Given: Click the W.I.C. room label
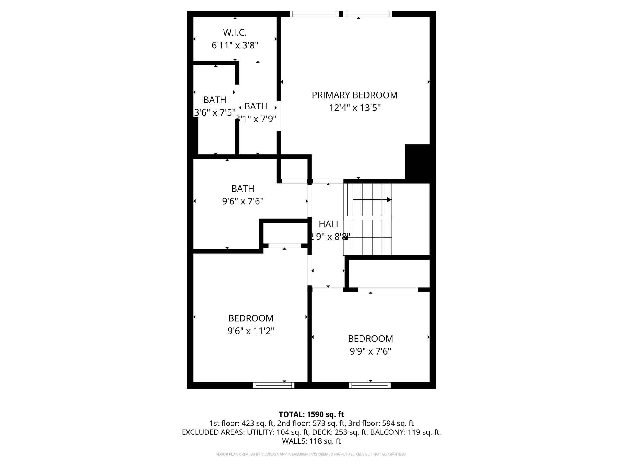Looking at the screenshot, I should point(235,32).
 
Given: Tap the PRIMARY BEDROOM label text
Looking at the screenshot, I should point(354,95).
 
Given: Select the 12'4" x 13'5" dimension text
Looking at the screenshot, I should point(354,108).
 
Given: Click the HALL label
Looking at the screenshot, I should point(329,224).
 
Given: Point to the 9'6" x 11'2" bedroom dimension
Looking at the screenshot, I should point(251,331).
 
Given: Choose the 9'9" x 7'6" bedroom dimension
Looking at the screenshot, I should point(370,351).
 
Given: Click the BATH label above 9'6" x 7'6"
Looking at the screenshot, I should point(242,189).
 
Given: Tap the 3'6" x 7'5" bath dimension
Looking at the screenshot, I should point(214,113).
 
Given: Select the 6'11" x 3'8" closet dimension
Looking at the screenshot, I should point(235,45).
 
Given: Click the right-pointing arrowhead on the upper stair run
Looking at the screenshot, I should point(389,200).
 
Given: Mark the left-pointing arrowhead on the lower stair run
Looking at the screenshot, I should point(346,238).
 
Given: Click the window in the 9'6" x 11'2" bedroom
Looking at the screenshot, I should point(273,385).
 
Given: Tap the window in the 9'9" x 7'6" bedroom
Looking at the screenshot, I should point(370,385).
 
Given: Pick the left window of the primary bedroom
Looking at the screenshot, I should point(314,14).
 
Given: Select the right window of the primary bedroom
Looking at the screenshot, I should point(367,14).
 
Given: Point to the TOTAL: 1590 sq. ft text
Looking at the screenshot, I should point(311,414).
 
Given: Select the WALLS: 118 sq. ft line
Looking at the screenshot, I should point(311,441).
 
